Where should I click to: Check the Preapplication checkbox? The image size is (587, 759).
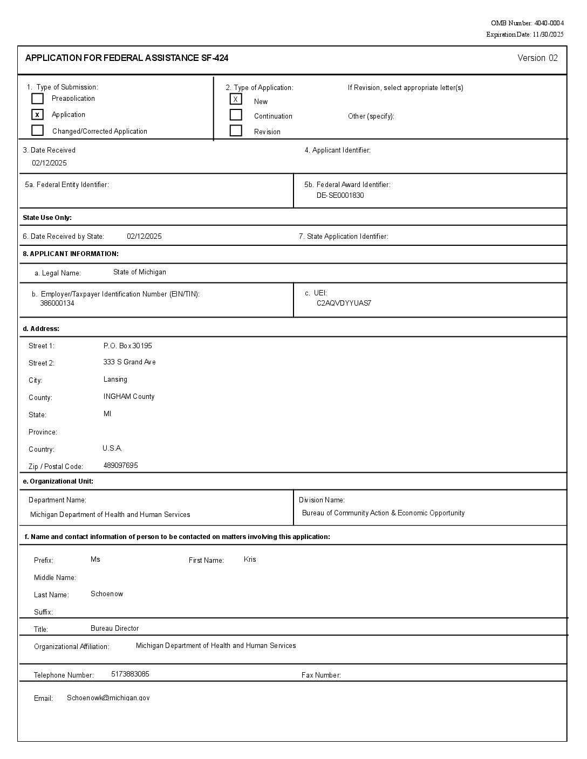coord(37,99)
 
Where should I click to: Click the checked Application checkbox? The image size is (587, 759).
coord(37,115)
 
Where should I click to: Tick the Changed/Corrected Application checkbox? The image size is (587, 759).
coord(37,130)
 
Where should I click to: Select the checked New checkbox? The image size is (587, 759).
coord(236,99)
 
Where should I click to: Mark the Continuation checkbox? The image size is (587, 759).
coord(236,115)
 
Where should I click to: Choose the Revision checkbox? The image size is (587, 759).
coord(236,130)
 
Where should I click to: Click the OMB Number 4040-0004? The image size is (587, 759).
coord(527,23)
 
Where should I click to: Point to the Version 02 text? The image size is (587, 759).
coord(537,58)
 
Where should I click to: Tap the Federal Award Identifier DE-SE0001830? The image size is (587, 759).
coord(340,195)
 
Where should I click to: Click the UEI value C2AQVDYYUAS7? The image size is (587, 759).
coord(344,303)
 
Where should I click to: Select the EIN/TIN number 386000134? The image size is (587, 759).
coord(57,303)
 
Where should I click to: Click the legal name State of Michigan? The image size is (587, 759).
coord(140,272)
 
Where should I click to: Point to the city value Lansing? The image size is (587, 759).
coord(115,379)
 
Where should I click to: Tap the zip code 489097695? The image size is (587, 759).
coord(120,465)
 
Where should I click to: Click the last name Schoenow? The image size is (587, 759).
coord(107,594)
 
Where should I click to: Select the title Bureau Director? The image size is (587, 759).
coord(114,628)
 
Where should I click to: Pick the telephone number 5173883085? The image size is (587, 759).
coord(130,674)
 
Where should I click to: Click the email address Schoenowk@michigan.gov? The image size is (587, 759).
coord(108,698)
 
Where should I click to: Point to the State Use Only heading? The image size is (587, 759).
coord(47,218)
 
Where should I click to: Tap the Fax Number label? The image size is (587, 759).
coord(321,675)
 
